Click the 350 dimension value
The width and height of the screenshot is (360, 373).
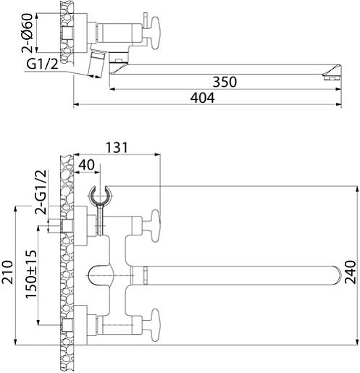pos(225,82)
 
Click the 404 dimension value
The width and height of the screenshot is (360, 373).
pos(202,98)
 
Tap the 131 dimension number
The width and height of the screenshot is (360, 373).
pos(117,148)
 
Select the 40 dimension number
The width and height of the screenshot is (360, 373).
pos(87,165)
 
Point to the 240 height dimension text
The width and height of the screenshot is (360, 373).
pos(350,272)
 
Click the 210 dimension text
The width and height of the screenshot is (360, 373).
pos(7,272)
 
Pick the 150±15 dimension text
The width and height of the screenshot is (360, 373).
pos(31,274)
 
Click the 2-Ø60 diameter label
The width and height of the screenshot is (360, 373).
pos(27,33)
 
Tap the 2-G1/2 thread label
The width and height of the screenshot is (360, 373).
pos(41,192)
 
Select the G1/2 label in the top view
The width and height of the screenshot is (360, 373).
pos(42,64)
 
